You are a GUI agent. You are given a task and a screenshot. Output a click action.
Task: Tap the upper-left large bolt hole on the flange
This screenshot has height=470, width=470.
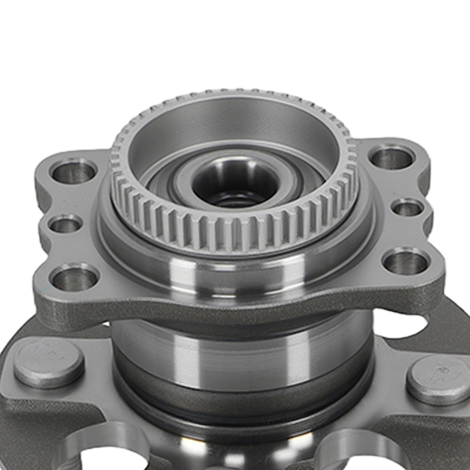pyautogui.click(x=74, y=172)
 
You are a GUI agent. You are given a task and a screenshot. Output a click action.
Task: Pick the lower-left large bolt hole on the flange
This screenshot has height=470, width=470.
pyautogui.click(x=74, y=278)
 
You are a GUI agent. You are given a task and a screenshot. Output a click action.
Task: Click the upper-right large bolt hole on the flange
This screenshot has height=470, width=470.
pyautogui.click(x=391, y=158)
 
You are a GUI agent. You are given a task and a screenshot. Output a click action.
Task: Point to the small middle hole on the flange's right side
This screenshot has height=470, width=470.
pyautogui.click(x=407, y=207)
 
